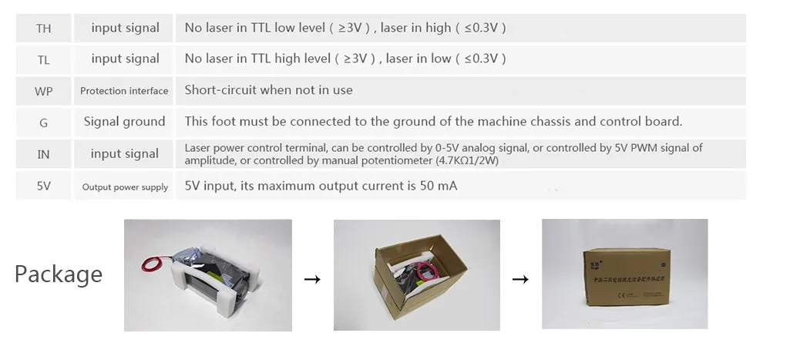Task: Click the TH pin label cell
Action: [x=44, y=29]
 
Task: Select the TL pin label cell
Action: [x=44, y=59]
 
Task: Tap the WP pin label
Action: [x=44, y=91]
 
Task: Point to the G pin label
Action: [x=44, y=123]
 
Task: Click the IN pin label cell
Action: [x=44, y=154]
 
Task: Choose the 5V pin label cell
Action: [x=44, y=186]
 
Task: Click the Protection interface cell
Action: [x=124, y=91]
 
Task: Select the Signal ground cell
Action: [x=124, y=122]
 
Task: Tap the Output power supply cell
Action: [x=125, y=187]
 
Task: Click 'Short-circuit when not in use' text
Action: [x=268, y=90]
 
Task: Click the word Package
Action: [x=59, y=274]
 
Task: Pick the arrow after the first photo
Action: [x=312, y=279]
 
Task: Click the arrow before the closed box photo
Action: [x=521, y=279]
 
